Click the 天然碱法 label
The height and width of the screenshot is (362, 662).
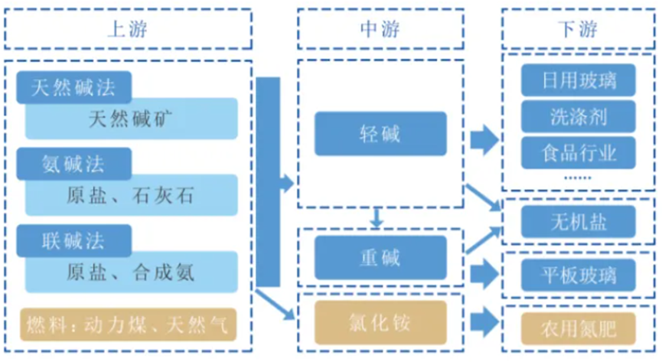pyautogui.click(x=73, y=87)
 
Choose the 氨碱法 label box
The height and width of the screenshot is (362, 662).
pyautogui.click(x=73, y=163)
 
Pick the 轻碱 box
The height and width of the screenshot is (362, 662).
pyautogui.click(x=380, y=134)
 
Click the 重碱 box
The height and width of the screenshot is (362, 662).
pyautogui.click(x=380, y=257)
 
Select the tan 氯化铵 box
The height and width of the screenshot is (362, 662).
pyautogui.click(x=380, y=322)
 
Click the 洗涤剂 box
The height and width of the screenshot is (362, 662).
pyautogui.click(x=579, y=116)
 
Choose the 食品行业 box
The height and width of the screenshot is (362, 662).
pyautogui.click(x=579, y=152)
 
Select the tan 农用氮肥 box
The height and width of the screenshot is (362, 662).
pyautogui.click(x=579, y=328)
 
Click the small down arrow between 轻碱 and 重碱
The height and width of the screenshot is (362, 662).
pyautogui.click(x=376, y=218)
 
